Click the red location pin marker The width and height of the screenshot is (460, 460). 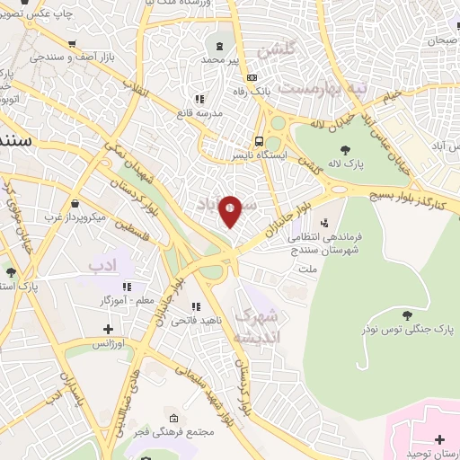(x=231, y=210)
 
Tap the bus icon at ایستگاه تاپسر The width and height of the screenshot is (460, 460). (x=260, y=141)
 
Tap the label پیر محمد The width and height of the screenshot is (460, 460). (x=221, y=59)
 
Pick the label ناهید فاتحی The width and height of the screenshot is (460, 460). (x=191, y=320)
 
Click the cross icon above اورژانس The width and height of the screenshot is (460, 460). (x=110, y=329)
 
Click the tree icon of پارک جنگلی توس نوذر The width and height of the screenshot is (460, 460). (x=408, y=314)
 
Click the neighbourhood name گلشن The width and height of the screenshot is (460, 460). (x=277, y=53)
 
